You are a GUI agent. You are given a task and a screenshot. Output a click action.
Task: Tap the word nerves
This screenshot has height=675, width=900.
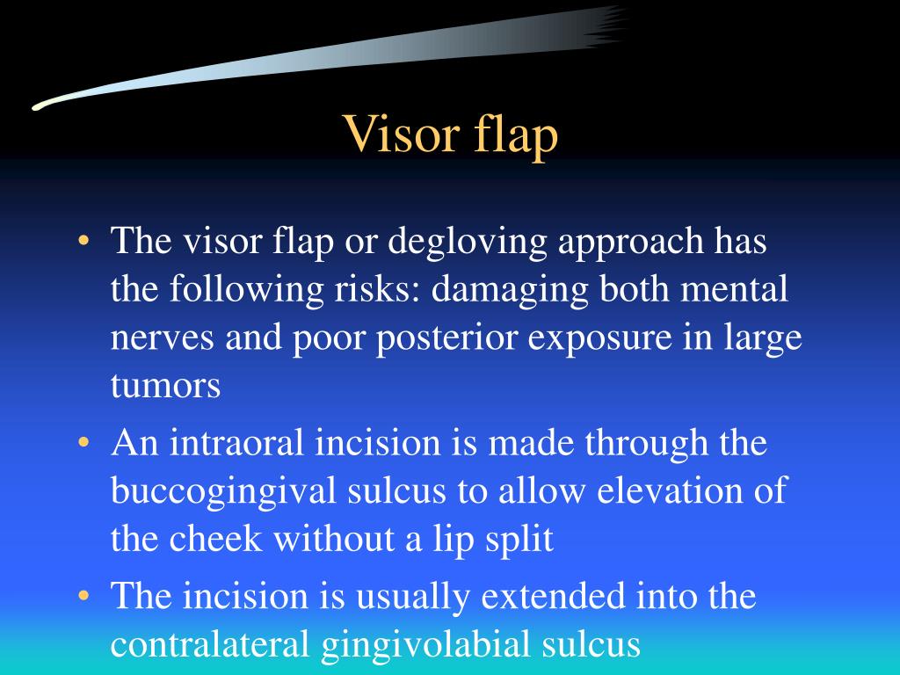point(160,339)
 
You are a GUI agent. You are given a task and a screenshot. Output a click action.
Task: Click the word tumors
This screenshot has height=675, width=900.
point(165,387)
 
